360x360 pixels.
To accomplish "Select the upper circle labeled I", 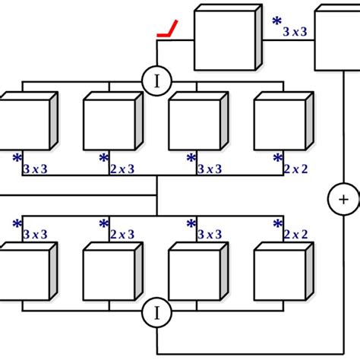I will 156,81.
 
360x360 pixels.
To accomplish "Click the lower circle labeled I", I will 156,311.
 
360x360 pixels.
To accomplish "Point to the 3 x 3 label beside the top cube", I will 295,32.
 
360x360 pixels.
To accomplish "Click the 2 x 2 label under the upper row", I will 295,169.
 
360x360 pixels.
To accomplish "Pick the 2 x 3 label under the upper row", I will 122,169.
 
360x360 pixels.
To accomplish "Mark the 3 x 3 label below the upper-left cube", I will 36,169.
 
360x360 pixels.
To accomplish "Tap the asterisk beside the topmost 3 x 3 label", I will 277,23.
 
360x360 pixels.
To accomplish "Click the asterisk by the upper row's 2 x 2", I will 277,158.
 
